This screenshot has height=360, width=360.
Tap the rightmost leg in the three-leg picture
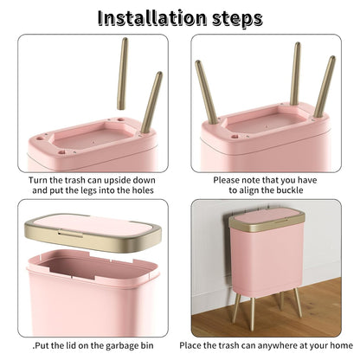point(325,87)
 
